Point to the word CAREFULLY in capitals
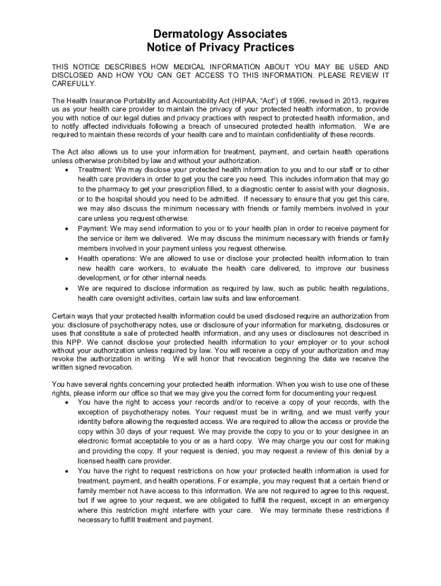[x=74, y=84]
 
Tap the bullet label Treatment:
[x=95, y=170]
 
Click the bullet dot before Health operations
[x=69, y=259]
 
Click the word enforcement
[x=278, y=298]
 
